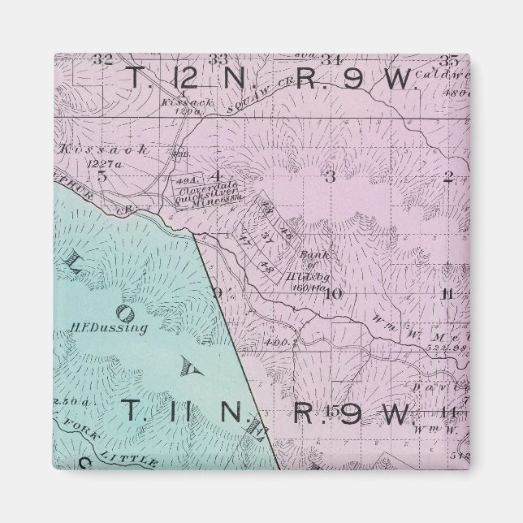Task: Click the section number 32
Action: (102, 58)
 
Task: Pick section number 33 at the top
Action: (218, 58)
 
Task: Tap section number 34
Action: (330, 58)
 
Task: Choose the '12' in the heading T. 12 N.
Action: (183, 78)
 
